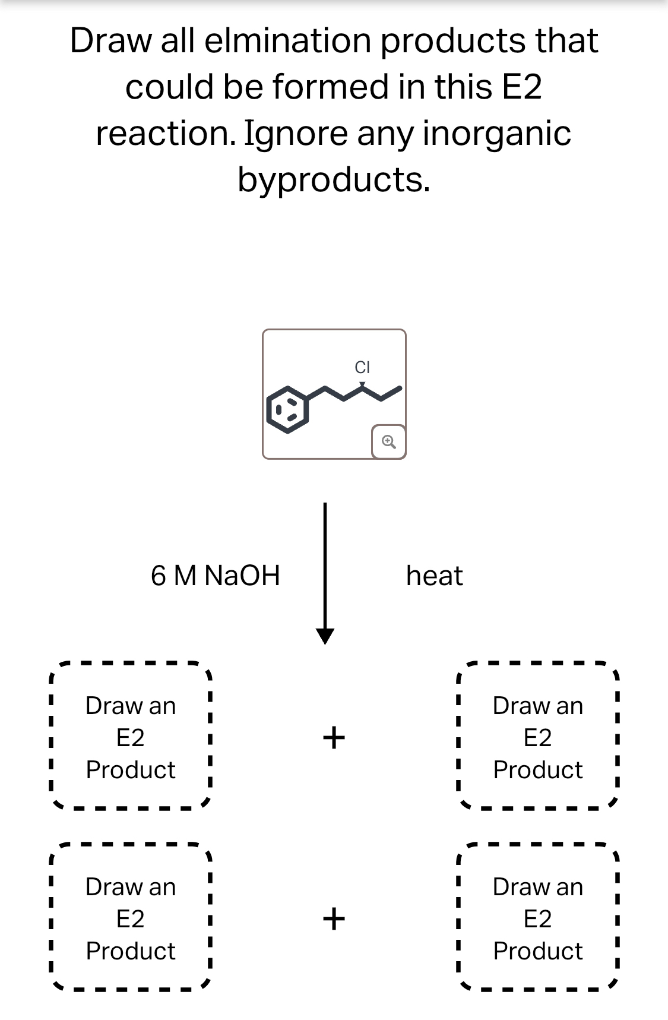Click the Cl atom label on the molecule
[x=362, y=367]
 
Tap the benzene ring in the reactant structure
[x=288, y=409]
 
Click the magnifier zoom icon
[x=388, y=441]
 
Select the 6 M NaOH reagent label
[x=215, y=576]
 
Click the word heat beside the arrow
[x=434, y=576]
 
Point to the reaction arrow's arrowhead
[x=325, y=636]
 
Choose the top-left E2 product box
[x=131, y=737]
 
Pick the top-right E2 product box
[x=538, y=737]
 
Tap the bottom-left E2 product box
[x=131, y=918]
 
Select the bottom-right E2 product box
[x=538, y=918]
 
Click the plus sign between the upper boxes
[x=334, y=737]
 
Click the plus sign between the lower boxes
[x=334, y=918]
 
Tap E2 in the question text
[x=522, y=87]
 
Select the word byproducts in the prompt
[x=333, y=179]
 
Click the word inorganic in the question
[x=496, y=133]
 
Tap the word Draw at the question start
[x=110, y=41]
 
